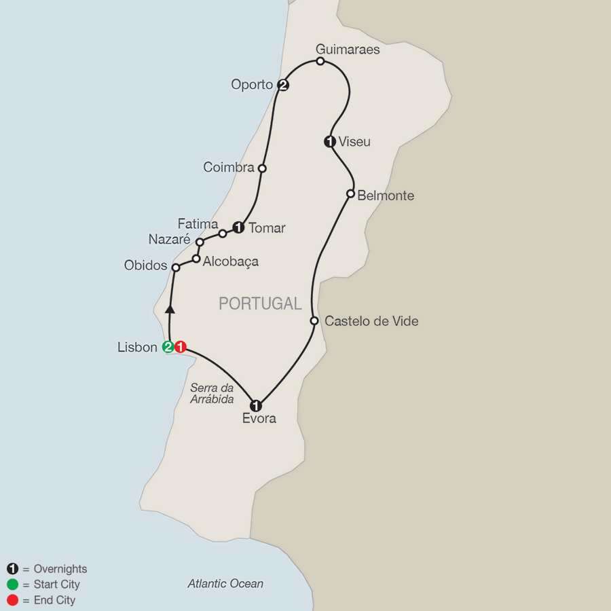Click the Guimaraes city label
[348, 50]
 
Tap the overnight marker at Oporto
[283, 85]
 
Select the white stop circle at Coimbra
[262, 168]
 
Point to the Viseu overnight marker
[330, 142]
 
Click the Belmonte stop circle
[350, 194]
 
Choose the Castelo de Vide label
[371, 321]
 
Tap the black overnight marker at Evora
[256, 406]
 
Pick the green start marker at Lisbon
[168, 348]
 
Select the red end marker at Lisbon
[180, 348]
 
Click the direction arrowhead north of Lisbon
[170, 309]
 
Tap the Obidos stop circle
[175, 267]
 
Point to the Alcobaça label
[231, 261]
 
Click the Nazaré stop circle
[200, 242]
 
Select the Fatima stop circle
[223, 234]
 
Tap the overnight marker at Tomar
[238, 228]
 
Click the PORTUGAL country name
[260, 304]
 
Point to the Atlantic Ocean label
[225, 584]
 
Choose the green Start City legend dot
[12, 585]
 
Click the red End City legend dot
[12, 600]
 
